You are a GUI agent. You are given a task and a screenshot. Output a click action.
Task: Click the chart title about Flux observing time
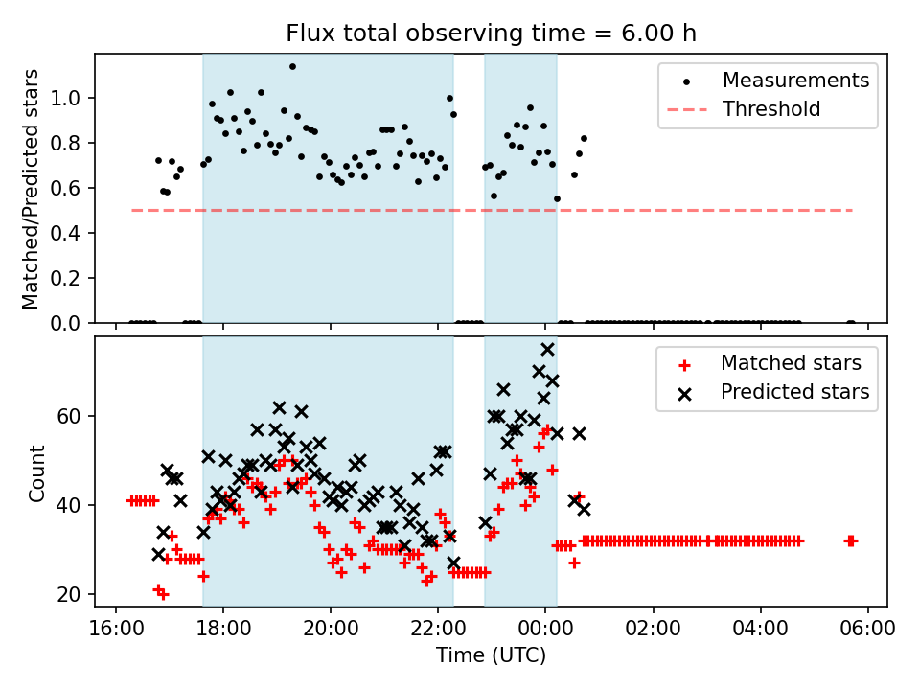[491, 34]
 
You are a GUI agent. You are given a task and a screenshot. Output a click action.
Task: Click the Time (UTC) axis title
[491, 656]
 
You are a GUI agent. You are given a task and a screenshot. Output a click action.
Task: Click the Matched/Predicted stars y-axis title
[31, 189]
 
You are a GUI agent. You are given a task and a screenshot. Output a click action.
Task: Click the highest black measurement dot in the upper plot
[292, 67]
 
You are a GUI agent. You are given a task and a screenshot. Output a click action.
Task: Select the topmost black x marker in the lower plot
[547, 349]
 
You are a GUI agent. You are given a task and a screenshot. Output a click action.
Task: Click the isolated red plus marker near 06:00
[850, 540]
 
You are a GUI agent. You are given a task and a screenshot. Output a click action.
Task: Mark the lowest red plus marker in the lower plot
[163, 594]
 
